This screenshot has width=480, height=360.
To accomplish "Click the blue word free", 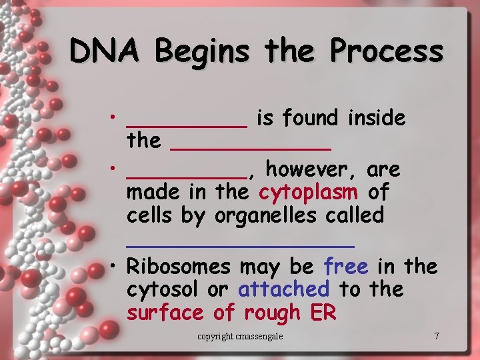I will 345,267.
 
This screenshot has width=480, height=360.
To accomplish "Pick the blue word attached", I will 283,289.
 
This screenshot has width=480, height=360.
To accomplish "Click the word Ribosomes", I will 179,267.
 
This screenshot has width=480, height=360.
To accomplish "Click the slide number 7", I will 437,336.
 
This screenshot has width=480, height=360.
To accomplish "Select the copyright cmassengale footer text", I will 240,336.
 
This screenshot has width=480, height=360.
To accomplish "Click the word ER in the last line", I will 323,312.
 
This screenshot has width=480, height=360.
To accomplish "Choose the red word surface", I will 165,312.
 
